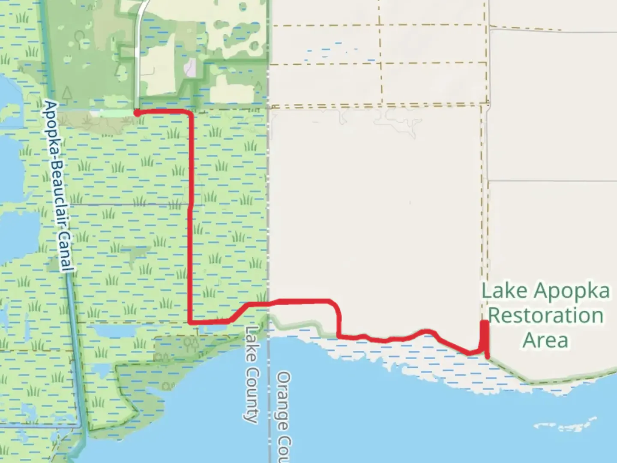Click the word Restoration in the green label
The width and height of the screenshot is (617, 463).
click(546, 316)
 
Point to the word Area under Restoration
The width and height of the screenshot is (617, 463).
click(545, 340)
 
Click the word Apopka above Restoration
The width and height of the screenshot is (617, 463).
click(572, 291)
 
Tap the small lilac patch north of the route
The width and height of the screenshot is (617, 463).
click(190, 68)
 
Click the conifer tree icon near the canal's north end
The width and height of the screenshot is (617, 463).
click(67, 93)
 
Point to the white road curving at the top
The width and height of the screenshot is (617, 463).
click(139, 26)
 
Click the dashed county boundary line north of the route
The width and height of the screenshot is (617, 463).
click(269, 171)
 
